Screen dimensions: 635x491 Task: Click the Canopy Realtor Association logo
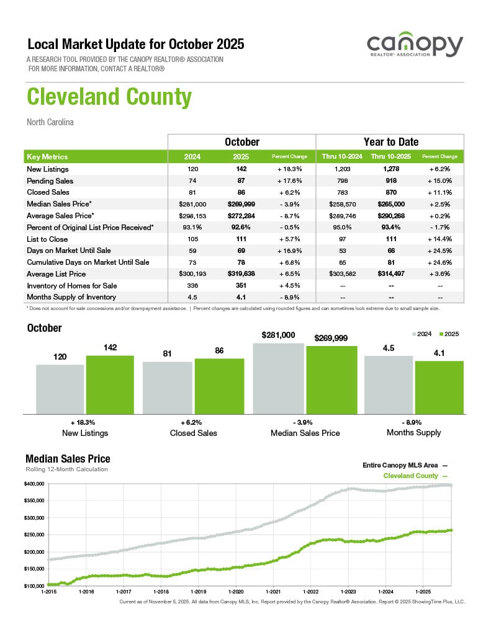tap(415, 47)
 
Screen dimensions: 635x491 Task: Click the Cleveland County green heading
tap(109, 97)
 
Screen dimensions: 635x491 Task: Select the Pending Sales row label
tap(50, 181)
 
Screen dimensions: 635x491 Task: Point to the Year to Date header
tap(390, 142)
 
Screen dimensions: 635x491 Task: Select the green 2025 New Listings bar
tap(110, 384)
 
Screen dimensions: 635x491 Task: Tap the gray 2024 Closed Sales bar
tap(168, 388)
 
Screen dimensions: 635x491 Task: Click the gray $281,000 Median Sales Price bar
tap(279, 378)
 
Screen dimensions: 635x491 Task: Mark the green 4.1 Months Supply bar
tap(439, 387)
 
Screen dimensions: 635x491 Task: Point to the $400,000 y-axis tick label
tap(35, 484)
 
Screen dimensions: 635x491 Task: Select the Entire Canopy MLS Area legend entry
tap(404, 464)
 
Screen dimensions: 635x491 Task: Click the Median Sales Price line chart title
tap(68, 459)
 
